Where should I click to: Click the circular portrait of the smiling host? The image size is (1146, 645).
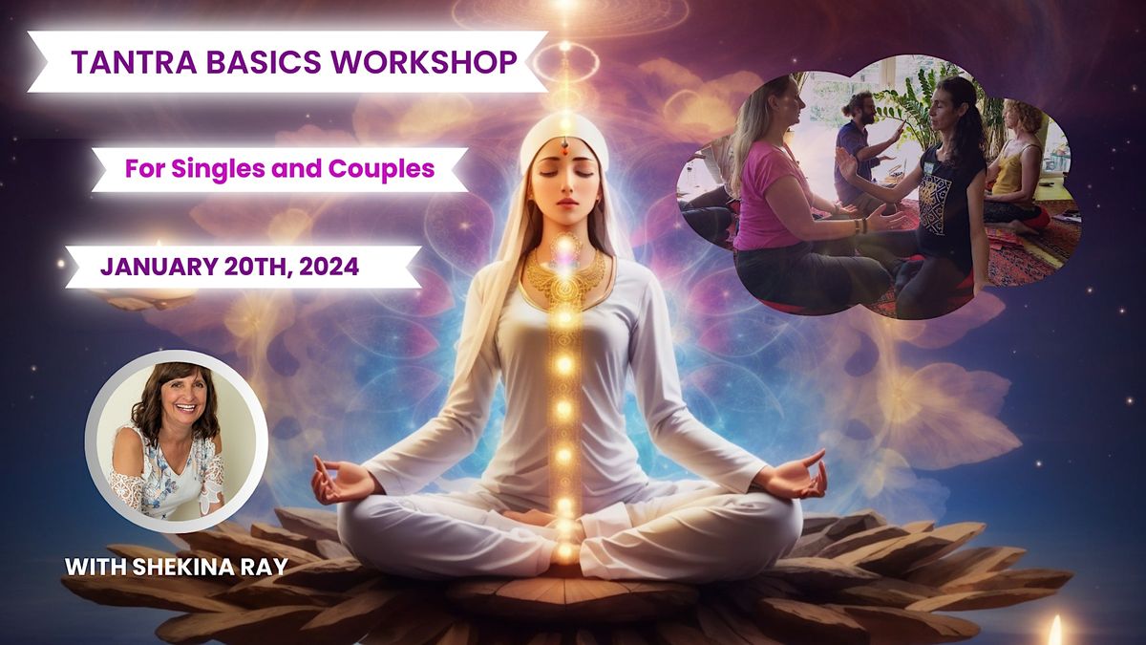(x=176, y=440)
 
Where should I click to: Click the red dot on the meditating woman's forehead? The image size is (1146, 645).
(x=563, y=149)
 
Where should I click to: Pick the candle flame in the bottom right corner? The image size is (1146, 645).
(x=1055, y=631)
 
